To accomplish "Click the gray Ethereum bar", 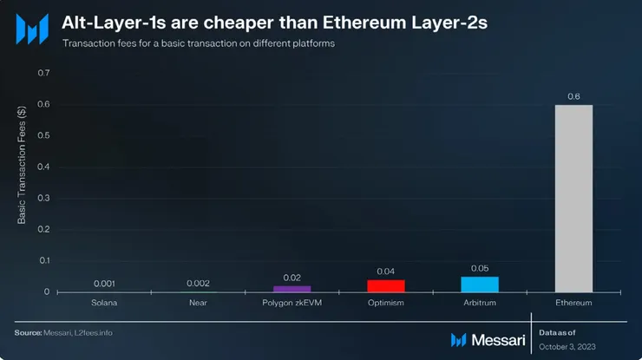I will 573,198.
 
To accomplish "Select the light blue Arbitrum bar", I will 480,284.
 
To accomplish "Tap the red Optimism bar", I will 386,285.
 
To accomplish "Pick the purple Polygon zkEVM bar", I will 292,288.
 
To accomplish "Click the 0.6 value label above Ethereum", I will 573,96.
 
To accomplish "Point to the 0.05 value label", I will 480,268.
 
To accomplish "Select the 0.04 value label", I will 386,272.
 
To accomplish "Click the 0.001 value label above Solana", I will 104,284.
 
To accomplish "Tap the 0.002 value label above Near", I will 198,284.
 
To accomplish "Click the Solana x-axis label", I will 104,303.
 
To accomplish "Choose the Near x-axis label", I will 198,303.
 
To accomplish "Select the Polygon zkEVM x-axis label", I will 292,303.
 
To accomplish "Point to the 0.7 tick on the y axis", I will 43,73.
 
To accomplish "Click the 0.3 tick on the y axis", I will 43,198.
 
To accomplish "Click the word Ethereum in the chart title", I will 374,23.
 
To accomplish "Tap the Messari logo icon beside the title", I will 32,29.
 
